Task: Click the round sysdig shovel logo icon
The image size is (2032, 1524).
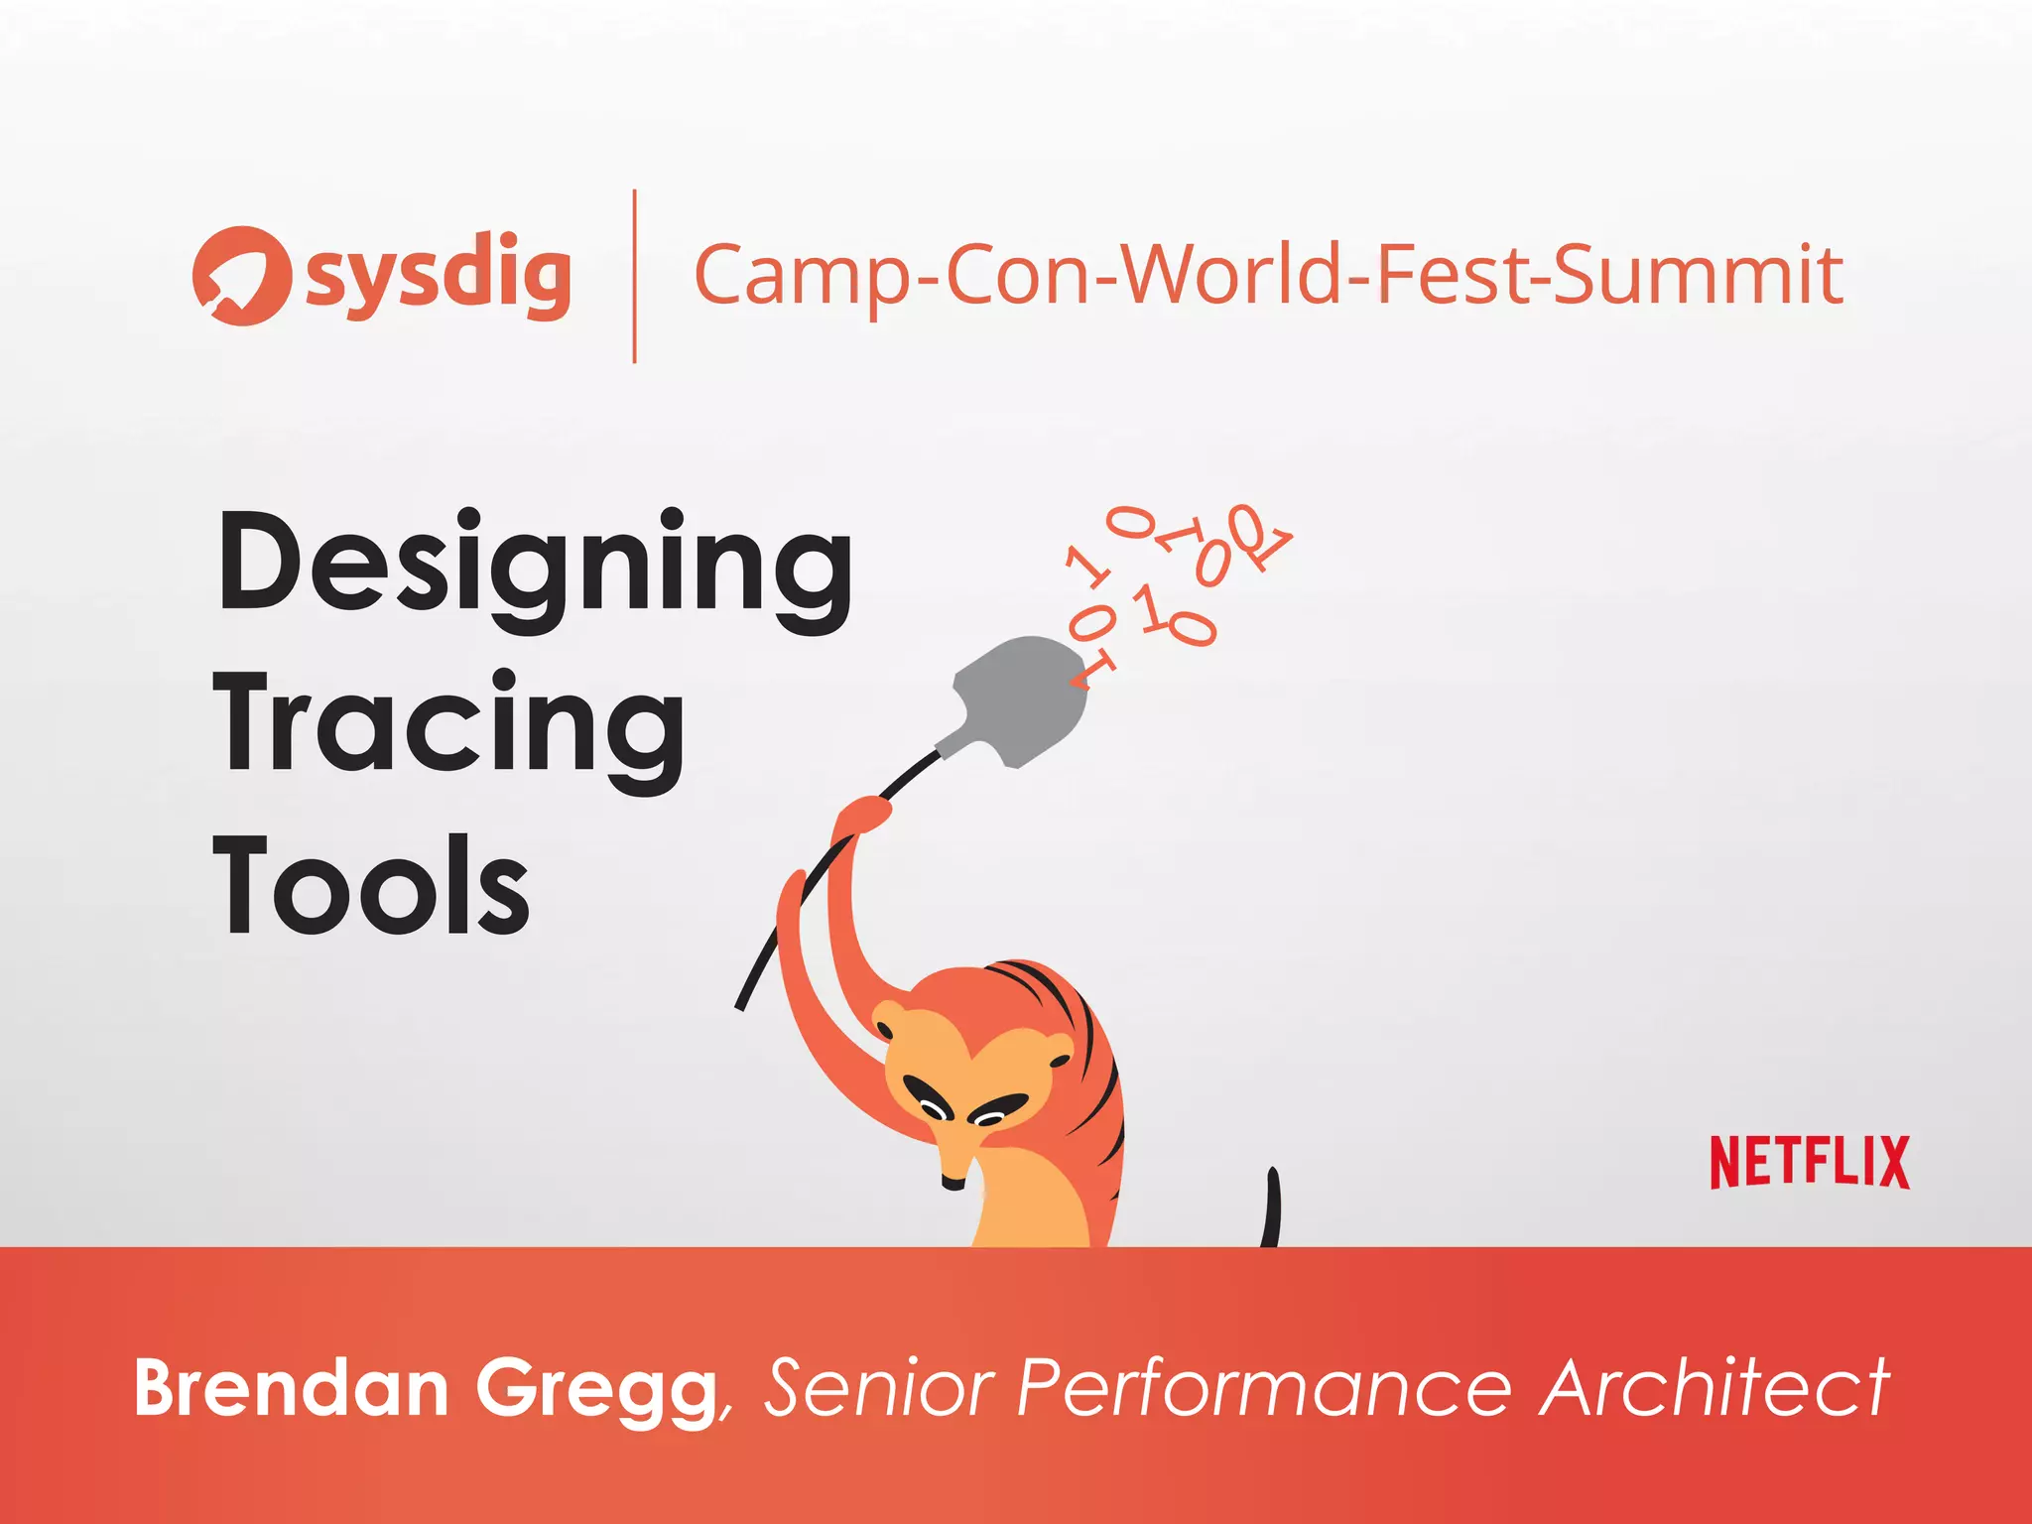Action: pos(241,276)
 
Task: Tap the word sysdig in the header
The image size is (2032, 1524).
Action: pos(439,276)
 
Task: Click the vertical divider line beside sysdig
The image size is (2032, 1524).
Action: pos(634,276)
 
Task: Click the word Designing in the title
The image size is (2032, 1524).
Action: pos(534,568)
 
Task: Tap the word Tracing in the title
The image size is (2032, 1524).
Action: pos(448,729)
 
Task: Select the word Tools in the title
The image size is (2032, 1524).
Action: pos(371,885)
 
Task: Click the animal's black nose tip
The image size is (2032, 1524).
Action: pos(952,1183)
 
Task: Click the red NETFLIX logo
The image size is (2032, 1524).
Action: pos(1810,1162)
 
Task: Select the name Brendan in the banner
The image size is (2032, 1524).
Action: pos(292,1387)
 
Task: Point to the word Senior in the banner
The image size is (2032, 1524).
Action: pos(878,1387)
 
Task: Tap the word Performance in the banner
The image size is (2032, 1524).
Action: pos(1264,1387)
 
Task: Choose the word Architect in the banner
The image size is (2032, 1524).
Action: pos(1714,1387)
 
